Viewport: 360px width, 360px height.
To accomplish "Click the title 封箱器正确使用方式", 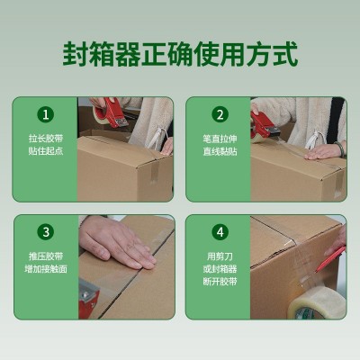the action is pos(180,54).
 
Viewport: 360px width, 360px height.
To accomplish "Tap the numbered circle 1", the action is pos(46,114).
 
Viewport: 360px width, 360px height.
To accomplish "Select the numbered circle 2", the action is pos(220,114).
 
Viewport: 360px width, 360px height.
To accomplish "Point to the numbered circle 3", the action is pos(46,232).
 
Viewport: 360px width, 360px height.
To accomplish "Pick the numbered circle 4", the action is pos(220,232).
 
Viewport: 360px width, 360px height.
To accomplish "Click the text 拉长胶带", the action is pos(46,139).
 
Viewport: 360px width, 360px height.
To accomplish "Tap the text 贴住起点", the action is pos(46,151).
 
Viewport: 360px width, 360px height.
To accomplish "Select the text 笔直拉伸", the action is pos(220,139).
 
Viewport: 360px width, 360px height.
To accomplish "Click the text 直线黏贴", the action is pos(220,151).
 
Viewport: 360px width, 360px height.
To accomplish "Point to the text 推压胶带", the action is pos(46,256).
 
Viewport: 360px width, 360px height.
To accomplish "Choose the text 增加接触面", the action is pos(46,268).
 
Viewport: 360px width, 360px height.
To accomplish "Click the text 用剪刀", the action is pos(220,256).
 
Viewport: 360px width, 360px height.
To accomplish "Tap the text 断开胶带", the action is pos(220,282).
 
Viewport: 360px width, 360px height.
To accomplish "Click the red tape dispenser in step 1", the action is pos(112,113).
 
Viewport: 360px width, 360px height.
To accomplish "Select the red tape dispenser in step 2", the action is pos(264,127).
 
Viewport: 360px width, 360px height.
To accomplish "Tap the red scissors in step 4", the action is pos(330,258).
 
